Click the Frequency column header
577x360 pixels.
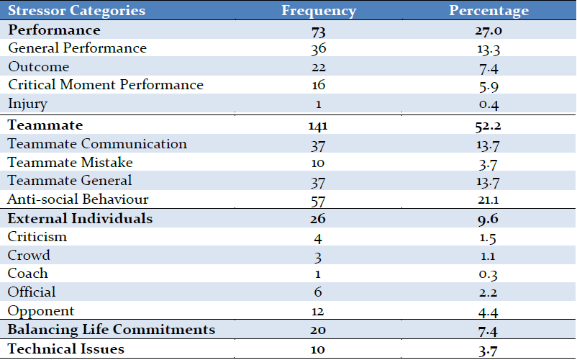coord(319,11)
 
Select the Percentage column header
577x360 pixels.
coord(489,11)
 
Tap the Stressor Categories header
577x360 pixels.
coord(76,10)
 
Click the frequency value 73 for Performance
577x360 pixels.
coord(318,31)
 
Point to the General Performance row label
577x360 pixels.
coord(77,48)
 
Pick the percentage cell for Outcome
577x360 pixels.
coord(489,68)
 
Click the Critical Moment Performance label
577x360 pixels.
coord(106,85)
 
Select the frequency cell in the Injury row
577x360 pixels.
coord(318,104)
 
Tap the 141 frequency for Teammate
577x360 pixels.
coord(318,126)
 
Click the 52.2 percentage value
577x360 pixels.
coord(488,126)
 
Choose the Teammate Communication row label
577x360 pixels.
coord(97,143)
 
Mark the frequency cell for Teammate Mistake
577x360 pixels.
coord(318,163)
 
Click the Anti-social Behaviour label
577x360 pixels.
coord(78,199)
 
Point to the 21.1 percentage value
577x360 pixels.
coord(488,200)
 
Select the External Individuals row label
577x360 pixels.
coord(80,218)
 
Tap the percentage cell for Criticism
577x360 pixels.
coord(488,238)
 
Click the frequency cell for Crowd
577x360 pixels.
coord(318,257)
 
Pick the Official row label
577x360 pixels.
coord(32,292)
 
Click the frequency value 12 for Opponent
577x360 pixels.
coord(318,312)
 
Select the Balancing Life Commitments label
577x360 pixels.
coord(111,330)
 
